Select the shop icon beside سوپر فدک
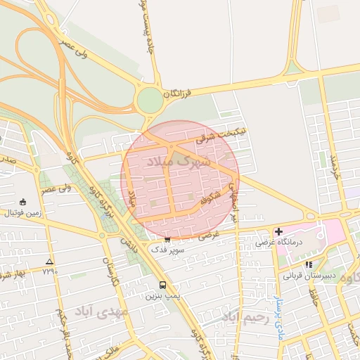click(x=167, y=240)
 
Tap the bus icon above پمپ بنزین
click(x=163, y=285)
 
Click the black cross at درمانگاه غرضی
click(x=278, y=231)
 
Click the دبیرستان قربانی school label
click(x=308, y=276)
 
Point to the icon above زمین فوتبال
click(x=23, y=202)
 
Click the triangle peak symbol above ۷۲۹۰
click(x=49, y=262)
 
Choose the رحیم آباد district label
click(x=245, y=318)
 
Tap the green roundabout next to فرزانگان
click(x=150, y=101)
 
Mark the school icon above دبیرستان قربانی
click(x=309, y=265)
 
